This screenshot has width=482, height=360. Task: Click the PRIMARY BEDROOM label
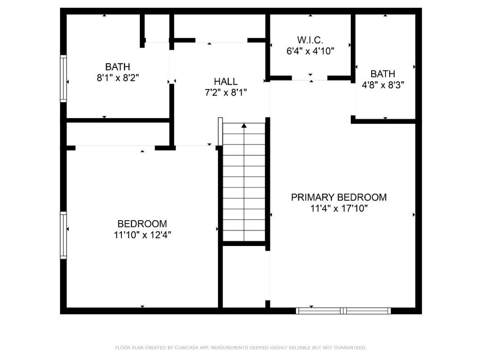point(338,198)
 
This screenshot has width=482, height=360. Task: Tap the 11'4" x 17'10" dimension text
point(338,208)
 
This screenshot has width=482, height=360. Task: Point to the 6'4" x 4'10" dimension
point(310,51)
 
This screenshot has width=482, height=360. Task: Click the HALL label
point(226,82)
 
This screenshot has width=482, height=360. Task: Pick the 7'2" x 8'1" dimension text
point(226,93)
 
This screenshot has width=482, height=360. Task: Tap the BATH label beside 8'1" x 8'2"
point(118,67)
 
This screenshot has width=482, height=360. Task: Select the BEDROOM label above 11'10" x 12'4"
point(142,224)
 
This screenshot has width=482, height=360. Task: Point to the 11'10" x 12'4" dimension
point(142,235)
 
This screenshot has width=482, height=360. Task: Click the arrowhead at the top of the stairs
point(244,125)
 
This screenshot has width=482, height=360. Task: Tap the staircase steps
point(244,185)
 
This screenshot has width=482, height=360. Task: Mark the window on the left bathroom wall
point(64,78)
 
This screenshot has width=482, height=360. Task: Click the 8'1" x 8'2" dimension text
point(118,78)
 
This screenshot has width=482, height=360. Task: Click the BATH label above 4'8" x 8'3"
point(383,74)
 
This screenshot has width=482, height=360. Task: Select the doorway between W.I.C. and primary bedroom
point(309,78)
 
